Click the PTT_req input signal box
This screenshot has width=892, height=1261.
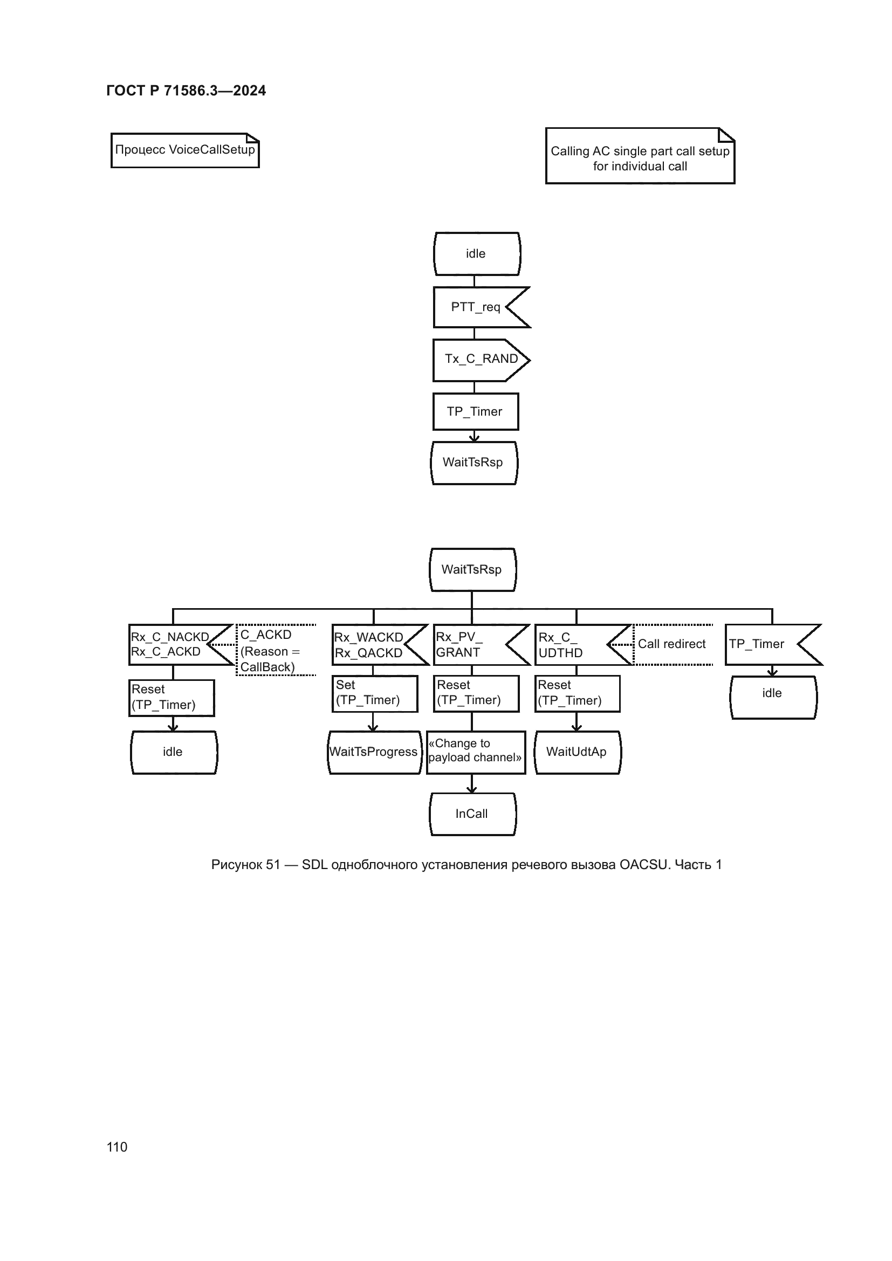tap(476, 307)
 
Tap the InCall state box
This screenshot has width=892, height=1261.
tap(472, 814)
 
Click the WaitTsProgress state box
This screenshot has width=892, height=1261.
tap(374, 752)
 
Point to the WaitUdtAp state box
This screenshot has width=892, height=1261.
tap(577, 752)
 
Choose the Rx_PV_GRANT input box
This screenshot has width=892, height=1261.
tap(472, 645)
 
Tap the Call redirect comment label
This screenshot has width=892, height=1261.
tap(672, 644)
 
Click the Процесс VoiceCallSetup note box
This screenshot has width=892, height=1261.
tap(185, 150)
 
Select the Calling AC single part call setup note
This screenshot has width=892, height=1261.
tap(640, 157)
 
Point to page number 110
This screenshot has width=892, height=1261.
tap(117, 1147)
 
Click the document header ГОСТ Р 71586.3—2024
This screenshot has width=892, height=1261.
tap(186, 91)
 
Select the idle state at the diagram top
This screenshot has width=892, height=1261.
tap(476, 254)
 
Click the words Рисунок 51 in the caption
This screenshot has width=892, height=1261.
tap(245, 865)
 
